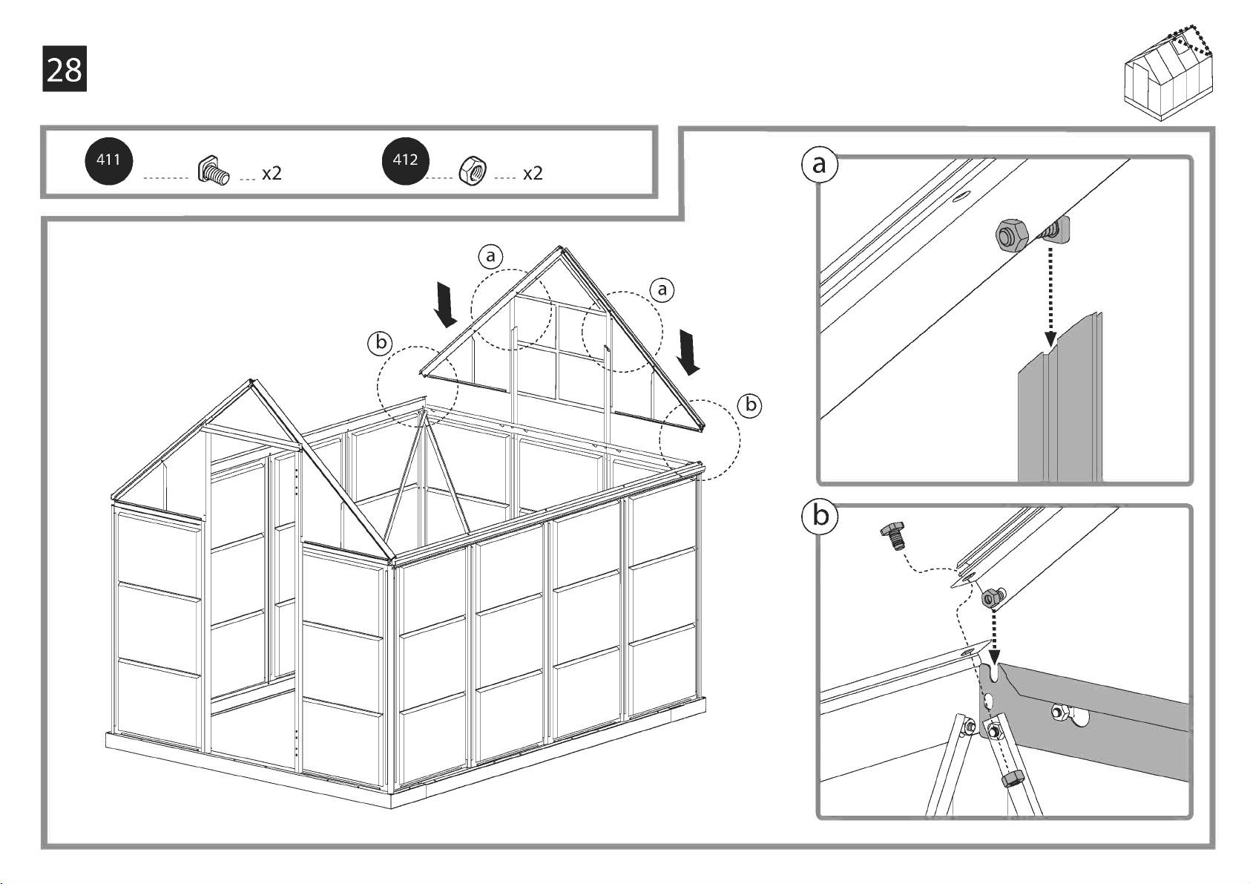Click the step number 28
[x=65, y=69]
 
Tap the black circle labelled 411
[x=108, y=160]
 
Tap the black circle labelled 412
[x=405, y=160]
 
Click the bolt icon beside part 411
[x=213, y=171]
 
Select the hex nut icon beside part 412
[x=473, y=171]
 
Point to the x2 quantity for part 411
[x=272, y=174]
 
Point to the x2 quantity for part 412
[x=533, y=174]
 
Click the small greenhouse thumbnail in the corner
[x=1169, y=74]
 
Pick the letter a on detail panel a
[x=819, y=164]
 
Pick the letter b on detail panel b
[x=820, y=515]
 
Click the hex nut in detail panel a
[x=1011, y=235]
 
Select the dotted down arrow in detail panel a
[x=1050, y=297]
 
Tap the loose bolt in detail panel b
[x=893, y=535]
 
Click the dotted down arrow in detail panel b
[x=994, y=638]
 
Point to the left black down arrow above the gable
[x=446, y=304]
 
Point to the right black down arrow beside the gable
[x=688, y=353]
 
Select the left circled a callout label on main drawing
[x=490, y=257]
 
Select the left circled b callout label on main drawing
[x=381, y=343]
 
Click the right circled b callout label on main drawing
[x=751, y=405]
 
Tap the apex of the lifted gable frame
[x=560, y=249]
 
